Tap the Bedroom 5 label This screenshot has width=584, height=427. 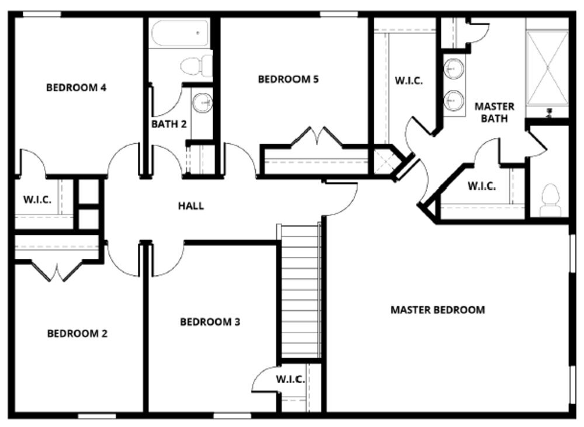[288, 79]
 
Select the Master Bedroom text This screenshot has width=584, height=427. [437, 310]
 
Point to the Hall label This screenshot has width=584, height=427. [191, 206]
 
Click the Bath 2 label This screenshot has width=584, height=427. [169, 124]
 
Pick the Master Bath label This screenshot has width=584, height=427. [494, 112]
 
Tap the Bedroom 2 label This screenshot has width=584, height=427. [77, 334]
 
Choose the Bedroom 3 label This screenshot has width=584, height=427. [210, 322]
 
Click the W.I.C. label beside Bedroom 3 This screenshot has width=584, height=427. [290, 380]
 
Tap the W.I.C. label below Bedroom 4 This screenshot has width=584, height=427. [37, 199]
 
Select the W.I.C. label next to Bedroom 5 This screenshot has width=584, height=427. [409, 81]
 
